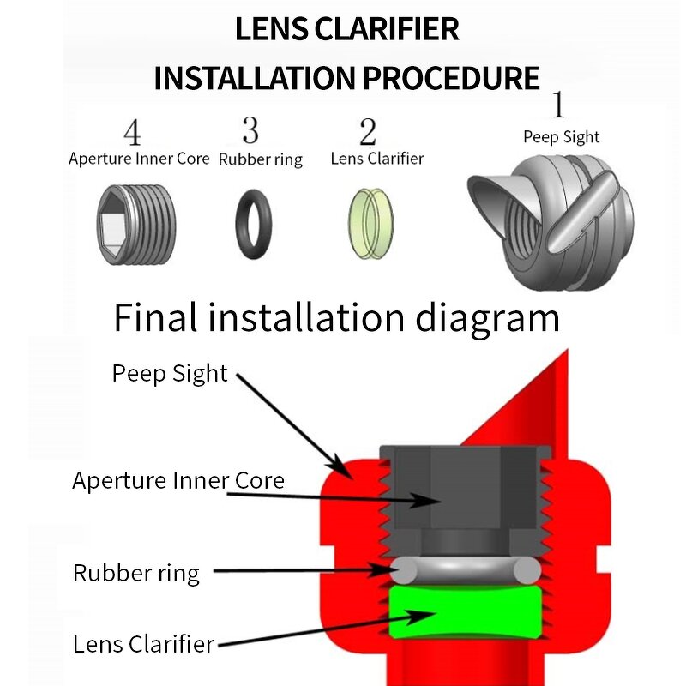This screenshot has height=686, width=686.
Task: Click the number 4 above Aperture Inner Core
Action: pyautogui.click(x=131, y=133)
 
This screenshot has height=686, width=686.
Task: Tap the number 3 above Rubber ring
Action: pyautogui.click(x=250, y=130)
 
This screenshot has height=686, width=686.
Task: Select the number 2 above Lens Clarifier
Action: pyautogui.click(x=368, y=132)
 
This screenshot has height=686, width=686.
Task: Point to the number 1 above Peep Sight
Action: pyautogui.click(x=558, y=105)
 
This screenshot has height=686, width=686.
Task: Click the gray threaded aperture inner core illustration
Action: pyautogui.click(x=136, y=224)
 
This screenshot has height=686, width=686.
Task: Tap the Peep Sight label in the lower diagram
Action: pyautogui.click(x=170, y=373)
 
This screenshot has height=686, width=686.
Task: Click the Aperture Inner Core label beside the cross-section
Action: pyautogui.click(x=178, y=480)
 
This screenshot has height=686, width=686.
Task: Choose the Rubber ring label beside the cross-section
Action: pyautogui.click(x=135, y=573)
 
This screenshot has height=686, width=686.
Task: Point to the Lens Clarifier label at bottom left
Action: pyautogui.click(x=143, y=644)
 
